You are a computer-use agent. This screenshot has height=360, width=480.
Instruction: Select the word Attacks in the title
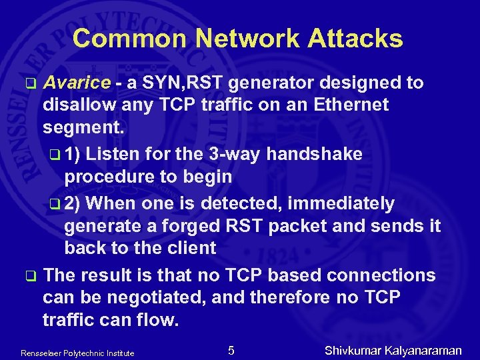[355, 39]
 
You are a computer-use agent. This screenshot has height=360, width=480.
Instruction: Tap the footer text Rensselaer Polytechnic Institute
[77, 353]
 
